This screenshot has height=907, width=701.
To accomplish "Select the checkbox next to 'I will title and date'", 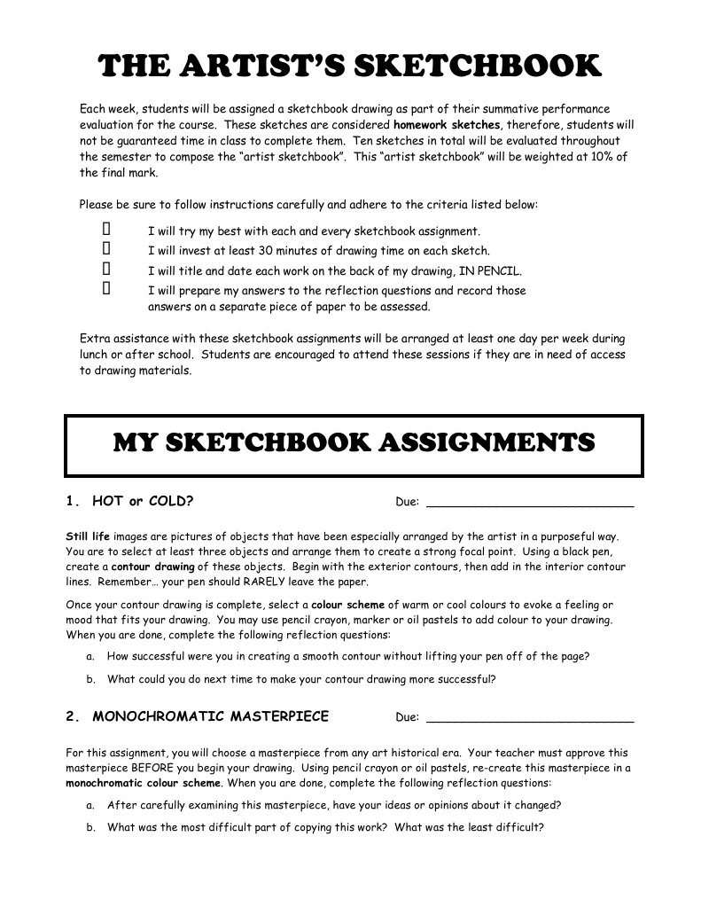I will click(x=106, y=269).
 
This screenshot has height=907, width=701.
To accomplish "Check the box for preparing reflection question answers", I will click(x=106, y=288).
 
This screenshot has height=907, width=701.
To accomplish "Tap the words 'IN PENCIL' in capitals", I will click(x=492, y=271).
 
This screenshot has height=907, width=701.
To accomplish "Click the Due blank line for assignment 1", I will click(x=530, y=503).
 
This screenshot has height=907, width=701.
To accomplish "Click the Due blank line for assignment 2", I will click(x=530, y=717).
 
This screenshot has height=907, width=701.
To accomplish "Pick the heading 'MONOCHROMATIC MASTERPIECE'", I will click(x=210, y=715).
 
